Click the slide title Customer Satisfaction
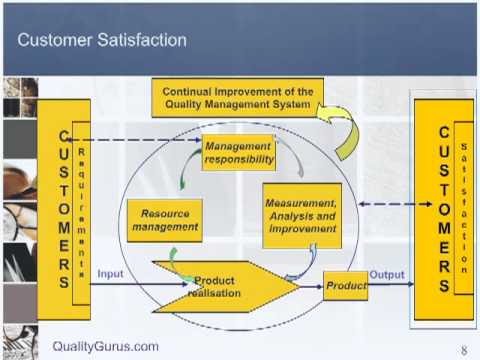click(103, 40)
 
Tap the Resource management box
click(165, 219)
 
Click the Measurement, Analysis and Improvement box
click(302, 215)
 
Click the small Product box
click(345, 286)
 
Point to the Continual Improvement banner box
click(238, 98)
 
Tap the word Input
click(110, 273)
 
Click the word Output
click(387, 273)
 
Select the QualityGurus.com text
click(105, 346)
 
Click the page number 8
click(464, 350)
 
